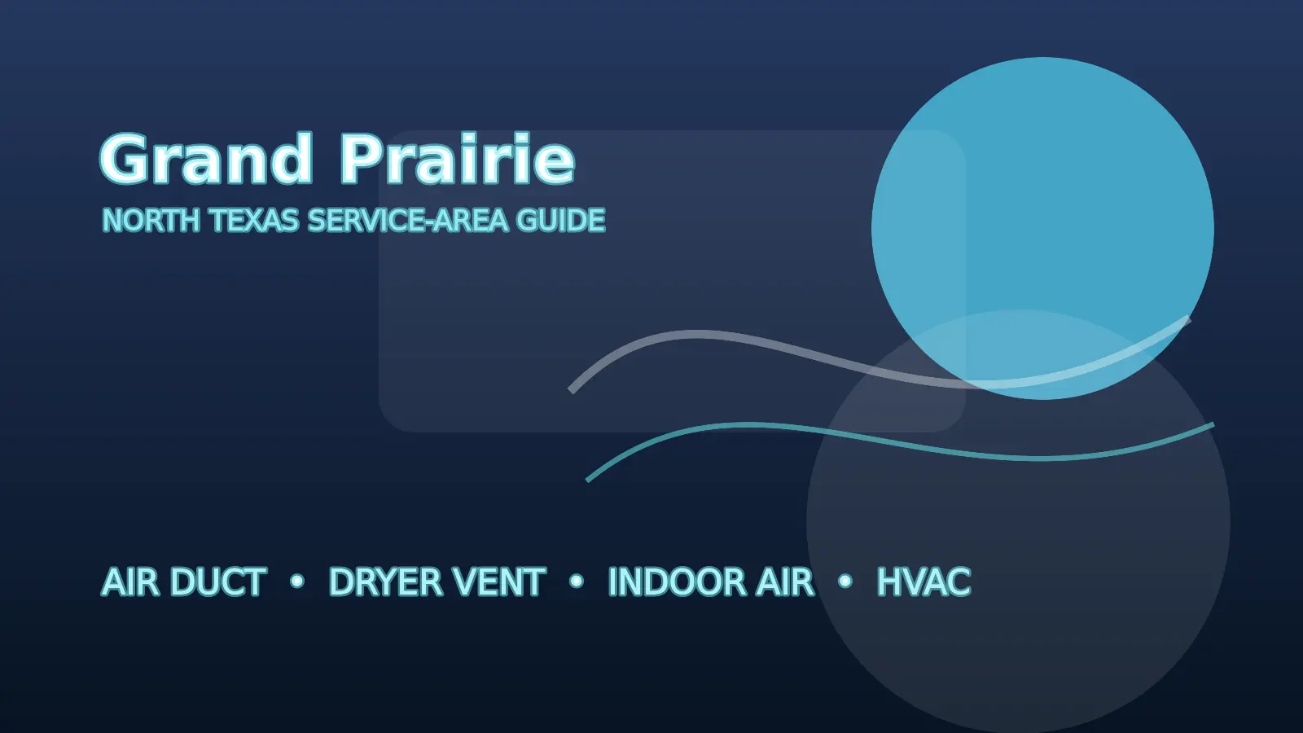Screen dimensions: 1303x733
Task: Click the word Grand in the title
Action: [x=207, y=159]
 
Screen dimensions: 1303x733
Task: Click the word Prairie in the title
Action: [x=457, y=158]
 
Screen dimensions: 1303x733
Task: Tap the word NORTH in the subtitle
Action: [x=151, y=221]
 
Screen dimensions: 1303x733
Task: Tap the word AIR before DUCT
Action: [x=130, y=582]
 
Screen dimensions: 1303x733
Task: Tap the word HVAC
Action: [x=924, y=582]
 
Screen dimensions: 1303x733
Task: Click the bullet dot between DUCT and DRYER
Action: [x=297, y=581]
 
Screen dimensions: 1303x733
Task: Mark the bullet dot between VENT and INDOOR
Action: [x=577, y=581]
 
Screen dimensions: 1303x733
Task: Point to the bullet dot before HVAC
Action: [x=845, y=581]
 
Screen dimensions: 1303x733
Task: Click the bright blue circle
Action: [x=1042, y=228]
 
